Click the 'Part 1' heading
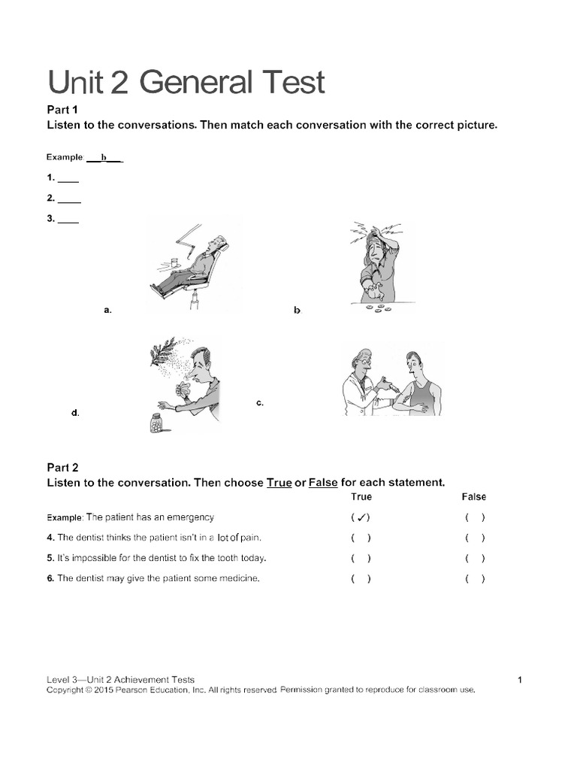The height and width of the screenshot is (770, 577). pyautogui.click(x=63, y=110)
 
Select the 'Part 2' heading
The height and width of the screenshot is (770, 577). pyautogui.click(x=63, y=467)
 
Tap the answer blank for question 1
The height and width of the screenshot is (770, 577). pyautogui.click(x=68, y=178)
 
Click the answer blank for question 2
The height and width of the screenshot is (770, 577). pyautogui.click(x=69, y=199)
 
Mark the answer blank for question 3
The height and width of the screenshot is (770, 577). pyautogui.click(x=68, y=220)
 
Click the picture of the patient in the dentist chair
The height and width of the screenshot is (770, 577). pyautogui.click(x=194, y=263)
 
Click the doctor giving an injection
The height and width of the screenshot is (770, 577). pyautogui.click(x=363, y=382)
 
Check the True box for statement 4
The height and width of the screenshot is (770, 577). pyautogui.click(x=360, y=538)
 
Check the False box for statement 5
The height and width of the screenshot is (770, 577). pyautogui.click(x=474, y=558)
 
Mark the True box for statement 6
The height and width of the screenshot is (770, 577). pyautogui.click(x=360, y=578)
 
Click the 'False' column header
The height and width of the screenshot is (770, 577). pyautogui.click(x=473, y=497)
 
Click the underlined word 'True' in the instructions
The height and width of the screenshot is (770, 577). pyautogui.click(x=279, y=483)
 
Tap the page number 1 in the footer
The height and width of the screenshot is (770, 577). pyautogui.click(x=520, y=680)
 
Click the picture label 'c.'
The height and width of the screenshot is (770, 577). pyautogui.click(x=260, y=404)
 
